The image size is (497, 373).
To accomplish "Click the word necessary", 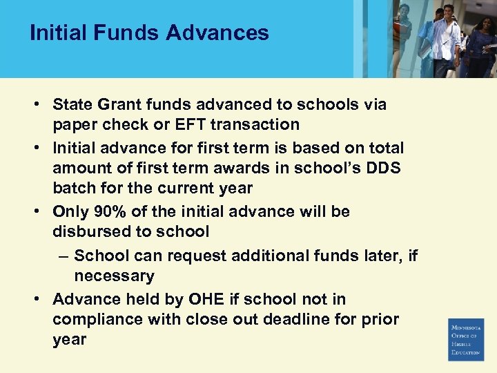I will point(114,276).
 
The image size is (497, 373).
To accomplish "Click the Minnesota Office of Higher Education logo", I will point(466,339).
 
